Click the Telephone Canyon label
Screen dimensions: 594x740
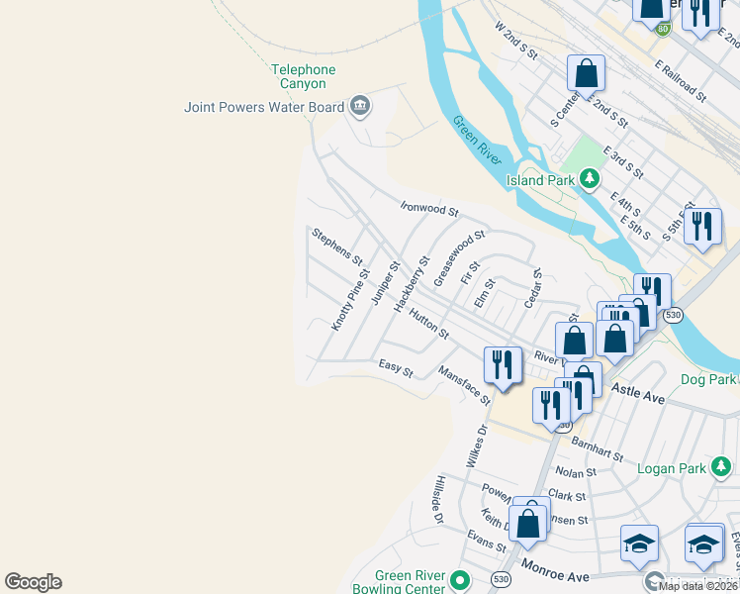click(304, 76)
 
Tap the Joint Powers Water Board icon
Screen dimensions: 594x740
click(359, 106)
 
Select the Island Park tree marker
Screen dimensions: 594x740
click(590, 179)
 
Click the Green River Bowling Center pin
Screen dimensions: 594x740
click(458, 579)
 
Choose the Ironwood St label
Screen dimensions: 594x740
click(429, 210)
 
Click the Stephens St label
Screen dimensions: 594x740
click(337, 247)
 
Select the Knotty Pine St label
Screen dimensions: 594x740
click(350, 301)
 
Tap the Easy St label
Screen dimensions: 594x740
click(396, 368)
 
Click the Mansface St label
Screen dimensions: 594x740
click(464, 384)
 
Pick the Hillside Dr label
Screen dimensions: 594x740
click(434, 499)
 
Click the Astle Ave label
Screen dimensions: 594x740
click(639, 395)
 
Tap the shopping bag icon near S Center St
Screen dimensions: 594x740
click(586, 73)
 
